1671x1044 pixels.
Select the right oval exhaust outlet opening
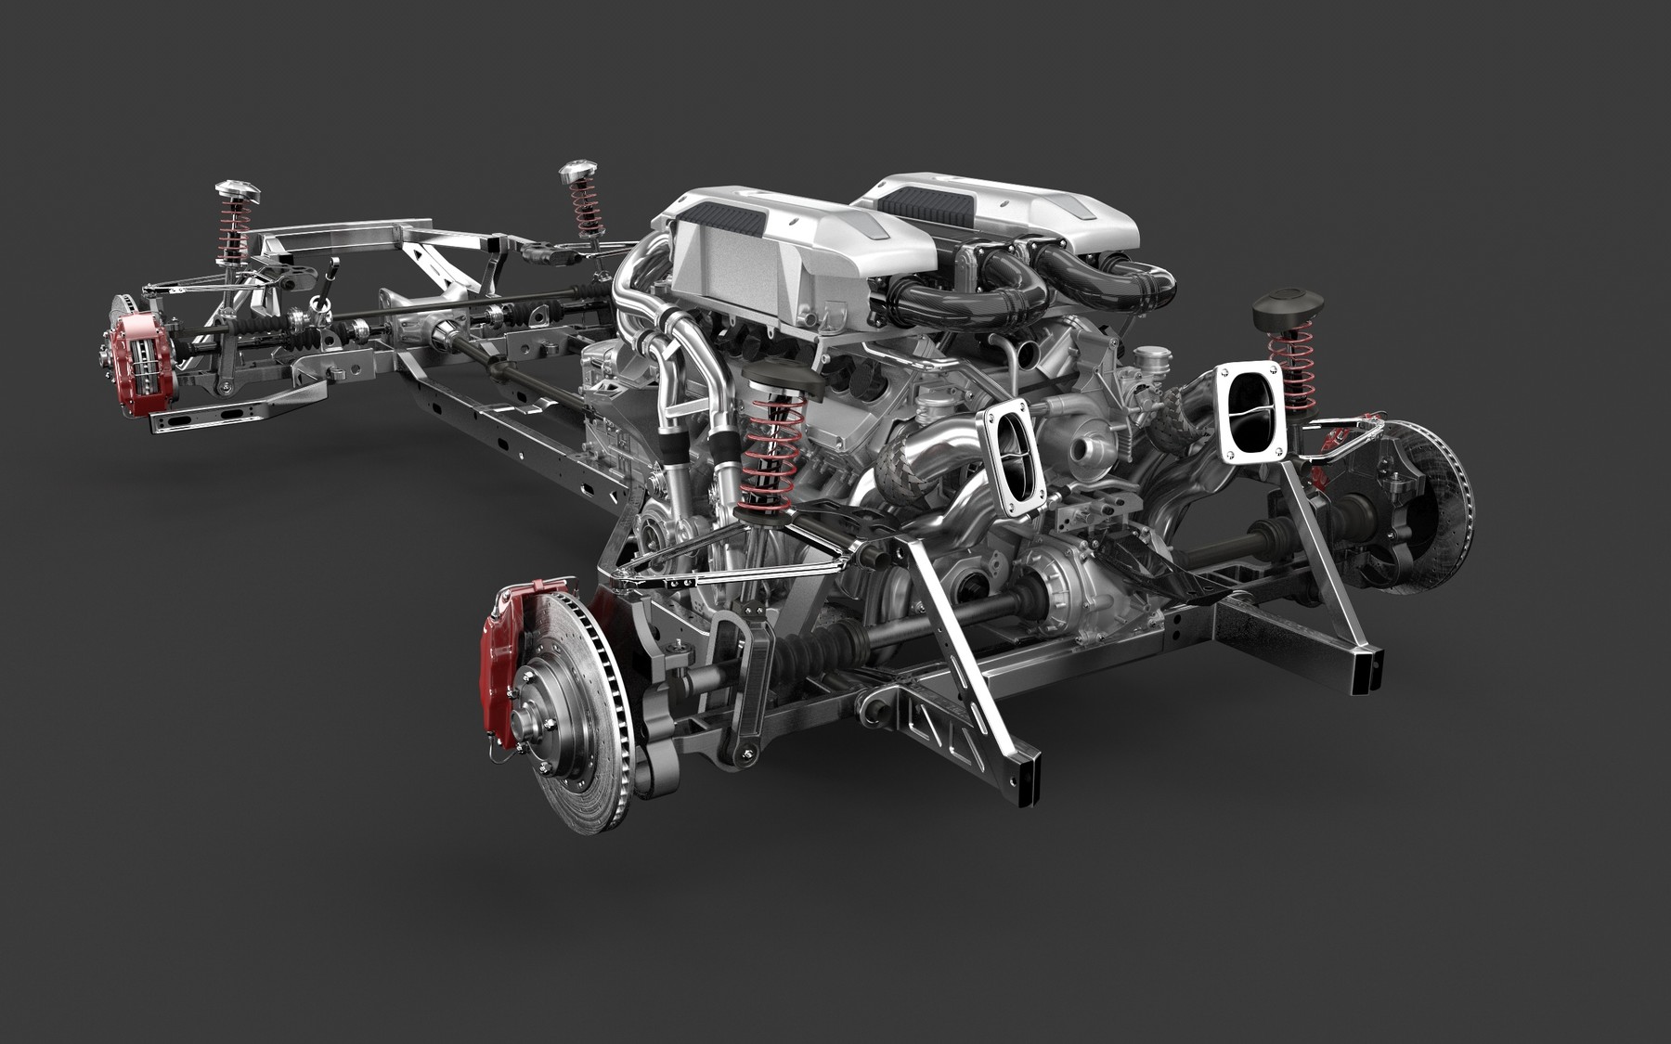(1251, 409)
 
